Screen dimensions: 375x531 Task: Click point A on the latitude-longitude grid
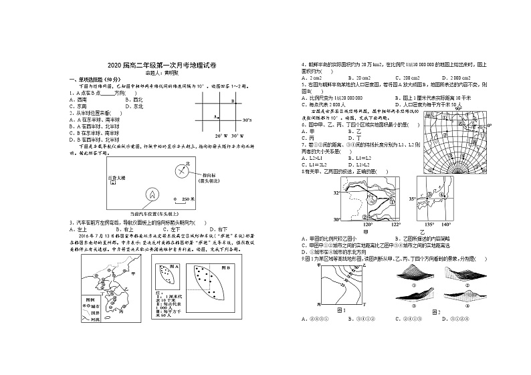pos(217,116)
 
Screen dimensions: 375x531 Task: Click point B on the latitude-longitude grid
pos(232,101)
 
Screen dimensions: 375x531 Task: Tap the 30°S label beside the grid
pos(246,120)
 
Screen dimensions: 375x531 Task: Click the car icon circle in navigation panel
pos(152,195)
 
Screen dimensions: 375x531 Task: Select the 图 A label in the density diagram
pos(174,265)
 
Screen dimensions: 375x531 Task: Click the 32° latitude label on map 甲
pos(336,192)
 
